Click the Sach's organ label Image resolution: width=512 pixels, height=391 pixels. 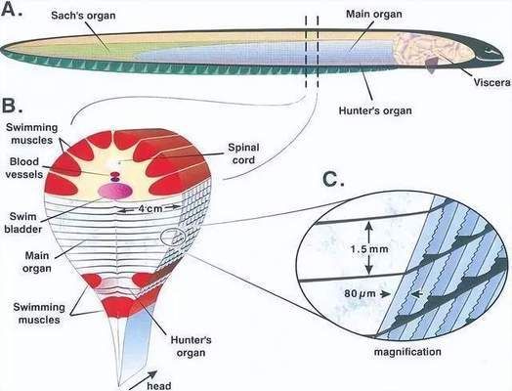(x=83, y=16)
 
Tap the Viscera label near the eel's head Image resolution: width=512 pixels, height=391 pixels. (x=491, y=82)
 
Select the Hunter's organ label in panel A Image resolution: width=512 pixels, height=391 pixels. (x=375, y=110)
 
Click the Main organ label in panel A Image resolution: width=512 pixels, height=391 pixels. (x=374, y=14)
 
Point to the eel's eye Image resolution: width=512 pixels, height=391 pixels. (x=489, y=50)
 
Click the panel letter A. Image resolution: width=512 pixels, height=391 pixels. (x=12, y=10)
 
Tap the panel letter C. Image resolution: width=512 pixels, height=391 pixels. (x=333, y=179)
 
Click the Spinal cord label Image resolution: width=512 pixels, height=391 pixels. (x=243, y=153)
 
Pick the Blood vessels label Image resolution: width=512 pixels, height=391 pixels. (x=24, y=168)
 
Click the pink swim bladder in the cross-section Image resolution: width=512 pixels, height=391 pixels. (x=115, y=191)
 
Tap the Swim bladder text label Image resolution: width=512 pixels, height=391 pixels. (x=22, y=223)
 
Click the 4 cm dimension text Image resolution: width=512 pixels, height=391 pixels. (x=150, y=208)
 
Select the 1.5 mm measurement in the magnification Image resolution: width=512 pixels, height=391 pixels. (x=369, y=249)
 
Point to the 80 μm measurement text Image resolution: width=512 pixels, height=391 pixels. (x=361, y=293)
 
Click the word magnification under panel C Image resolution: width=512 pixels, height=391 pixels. (x=407, y=352)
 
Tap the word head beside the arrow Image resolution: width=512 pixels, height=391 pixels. (x=159, y=386)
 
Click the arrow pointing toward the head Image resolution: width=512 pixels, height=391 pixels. (x=144, y=380)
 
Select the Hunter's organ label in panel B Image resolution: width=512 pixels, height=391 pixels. (x=191, y=346)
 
